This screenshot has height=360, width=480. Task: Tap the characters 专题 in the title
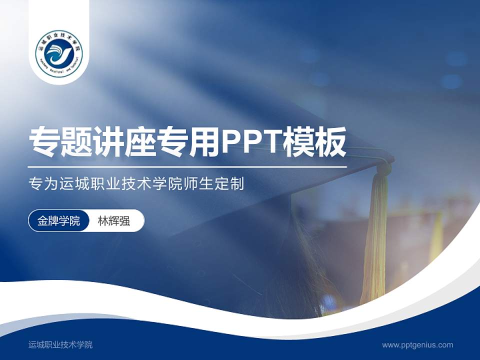[x=61, y=142]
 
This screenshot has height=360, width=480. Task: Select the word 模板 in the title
[x=314, y=142]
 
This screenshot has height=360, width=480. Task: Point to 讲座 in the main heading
[x=125, y=142]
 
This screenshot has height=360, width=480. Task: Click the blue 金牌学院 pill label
[x=59, y=221]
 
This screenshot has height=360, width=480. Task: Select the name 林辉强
[x=114, y=221]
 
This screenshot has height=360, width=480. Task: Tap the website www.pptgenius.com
[x=417, y=344]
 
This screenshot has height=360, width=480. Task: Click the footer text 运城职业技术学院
[x=60, y=344]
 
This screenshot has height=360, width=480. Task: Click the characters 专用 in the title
[x=188, y=142]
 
